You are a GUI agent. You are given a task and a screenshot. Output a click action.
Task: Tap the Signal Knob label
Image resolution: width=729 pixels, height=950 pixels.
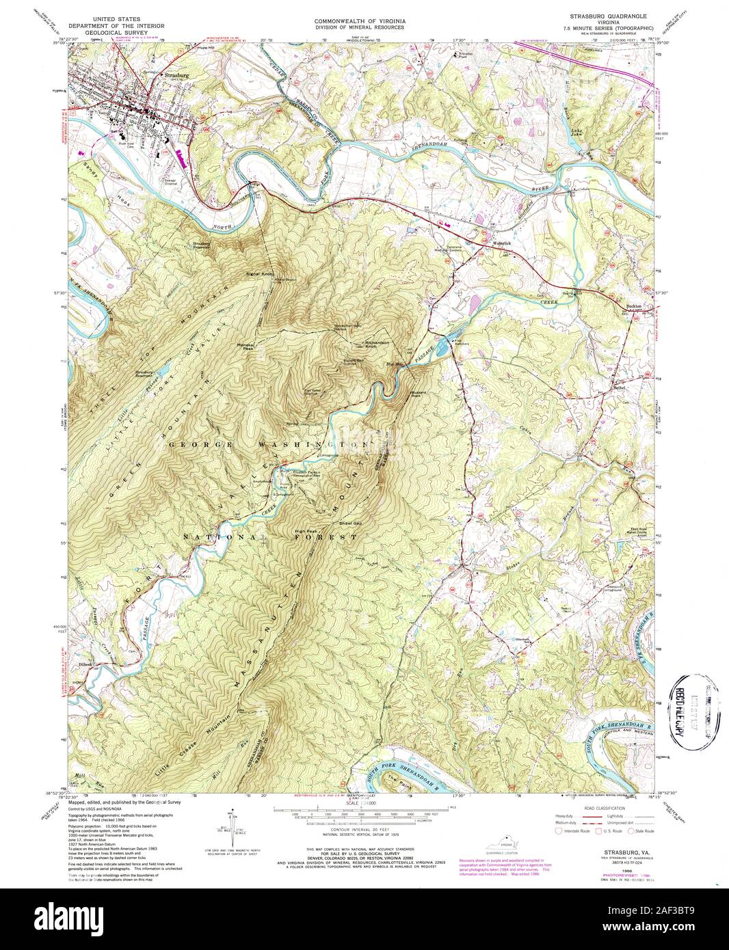click(259, 275)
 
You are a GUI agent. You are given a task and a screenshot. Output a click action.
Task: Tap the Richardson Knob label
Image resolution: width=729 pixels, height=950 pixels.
click(368, 344)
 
